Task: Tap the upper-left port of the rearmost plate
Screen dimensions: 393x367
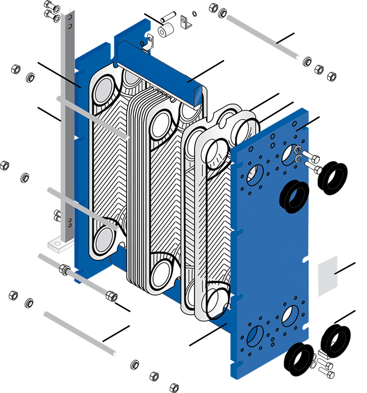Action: (x=105, y=89)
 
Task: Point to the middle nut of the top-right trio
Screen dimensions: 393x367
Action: (x=319, y=69)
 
